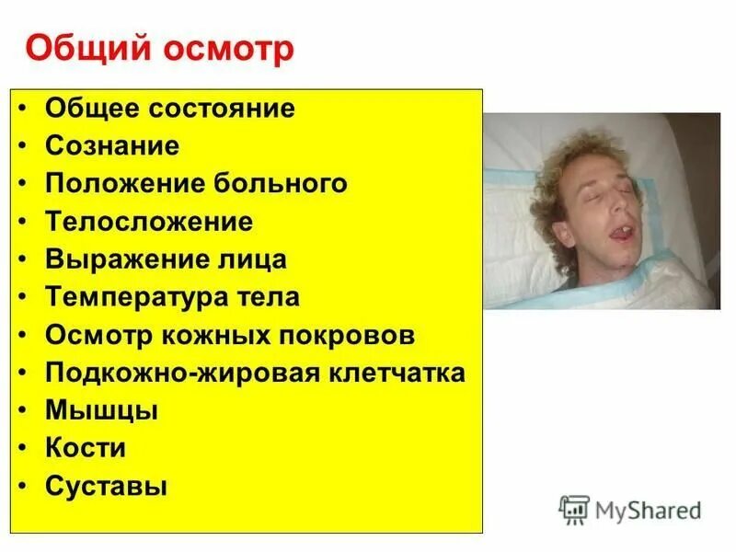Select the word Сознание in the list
pos(112,145)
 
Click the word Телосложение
pos(149,222)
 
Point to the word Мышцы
pos(101,410)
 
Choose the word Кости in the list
pos(86,448)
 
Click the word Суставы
pos(106,486)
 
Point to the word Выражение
pos(116,259)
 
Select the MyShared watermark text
pos(648,510)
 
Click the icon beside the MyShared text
pos(574,510)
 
